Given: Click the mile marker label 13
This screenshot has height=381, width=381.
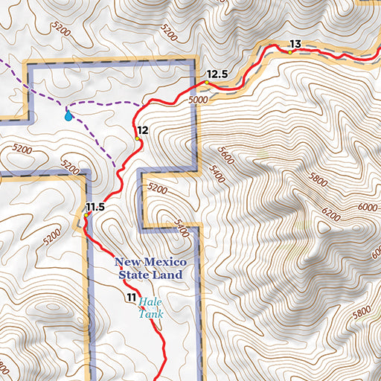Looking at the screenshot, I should [x=295, y=45].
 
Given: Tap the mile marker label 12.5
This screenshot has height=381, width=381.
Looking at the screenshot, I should [x=217, y=74].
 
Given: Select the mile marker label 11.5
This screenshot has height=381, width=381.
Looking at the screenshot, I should [x=94, y=206].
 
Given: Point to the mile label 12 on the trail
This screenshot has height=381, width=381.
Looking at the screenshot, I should [x=143, y=130].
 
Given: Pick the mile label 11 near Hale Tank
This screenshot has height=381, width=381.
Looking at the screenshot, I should [x=130, y=298].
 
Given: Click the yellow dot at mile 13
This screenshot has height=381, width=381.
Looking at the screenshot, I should [x=289, y=52].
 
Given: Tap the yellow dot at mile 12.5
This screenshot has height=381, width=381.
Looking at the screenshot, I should [x=205, y=82].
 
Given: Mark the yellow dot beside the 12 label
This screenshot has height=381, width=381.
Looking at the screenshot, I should [x=137, y=138].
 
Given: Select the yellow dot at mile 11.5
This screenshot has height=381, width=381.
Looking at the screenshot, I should [x=86, y=215].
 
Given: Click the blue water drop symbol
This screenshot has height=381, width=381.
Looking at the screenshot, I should [x=68, y=115].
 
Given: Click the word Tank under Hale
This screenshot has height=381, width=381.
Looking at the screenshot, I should [x=151, y=315].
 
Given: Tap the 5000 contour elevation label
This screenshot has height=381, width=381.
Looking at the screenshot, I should [x=198, y=99].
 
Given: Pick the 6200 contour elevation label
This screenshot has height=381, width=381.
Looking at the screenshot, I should [x=331, y=216].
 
